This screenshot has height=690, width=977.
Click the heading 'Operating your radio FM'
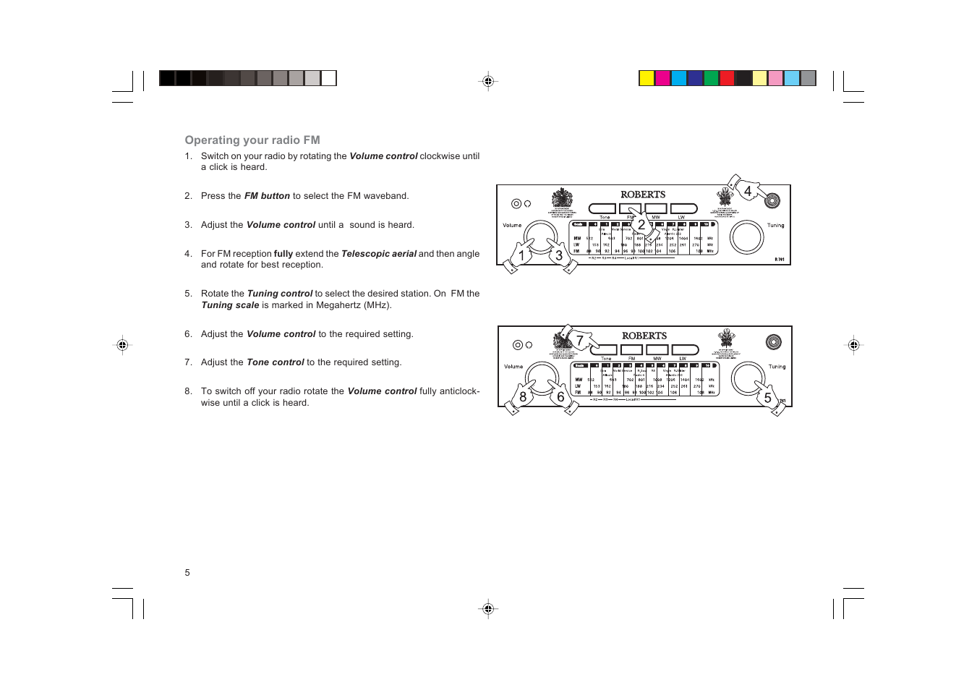[x=252, y=140]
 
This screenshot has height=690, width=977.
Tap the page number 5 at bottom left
[x=187, y=573]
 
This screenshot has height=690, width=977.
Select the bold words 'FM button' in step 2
[x=267, y=196]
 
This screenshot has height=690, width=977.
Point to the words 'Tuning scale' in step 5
[x=230, y=305]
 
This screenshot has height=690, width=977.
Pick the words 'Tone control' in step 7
[x=275, y=362]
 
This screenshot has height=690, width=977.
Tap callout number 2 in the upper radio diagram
[x=641, y=225]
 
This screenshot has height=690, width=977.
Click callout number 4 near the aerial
[x=748, y=191]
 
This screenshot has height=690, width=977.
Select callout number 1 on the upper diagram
[x=521, y=255]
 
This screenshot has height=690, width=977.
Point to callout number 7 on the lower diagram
[x=579, y=340]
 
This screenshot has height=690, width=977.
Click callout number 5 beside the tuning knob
[x=767, y=398]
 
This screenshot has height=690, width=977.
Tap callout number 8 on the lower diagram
[x=523, y=397]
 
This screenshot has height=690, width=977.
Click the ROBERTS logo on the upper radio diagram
[x=643, y=195]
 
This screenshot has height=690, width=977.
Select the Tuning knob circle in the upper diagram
[x=746, y=237]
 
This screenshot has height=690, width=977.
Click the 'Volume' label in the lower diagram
[x=513, y=367]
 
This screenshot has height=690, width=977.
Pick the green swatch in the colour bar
[x=711, y=78]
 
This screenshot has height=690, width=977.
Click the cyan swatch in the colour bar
[x=679, y=78]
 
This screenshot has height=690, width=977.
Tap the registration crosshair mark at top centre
[x=488, y=81]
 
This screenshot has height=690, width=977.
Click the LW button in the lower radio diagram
[x=685, y=350]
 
